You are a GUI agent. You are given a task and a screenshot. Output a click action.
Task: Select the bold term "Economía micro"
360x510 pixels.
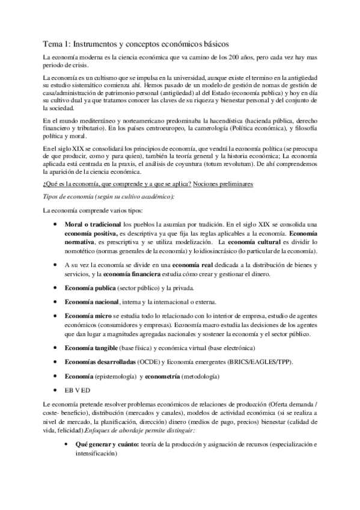[x=89, y=315]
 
